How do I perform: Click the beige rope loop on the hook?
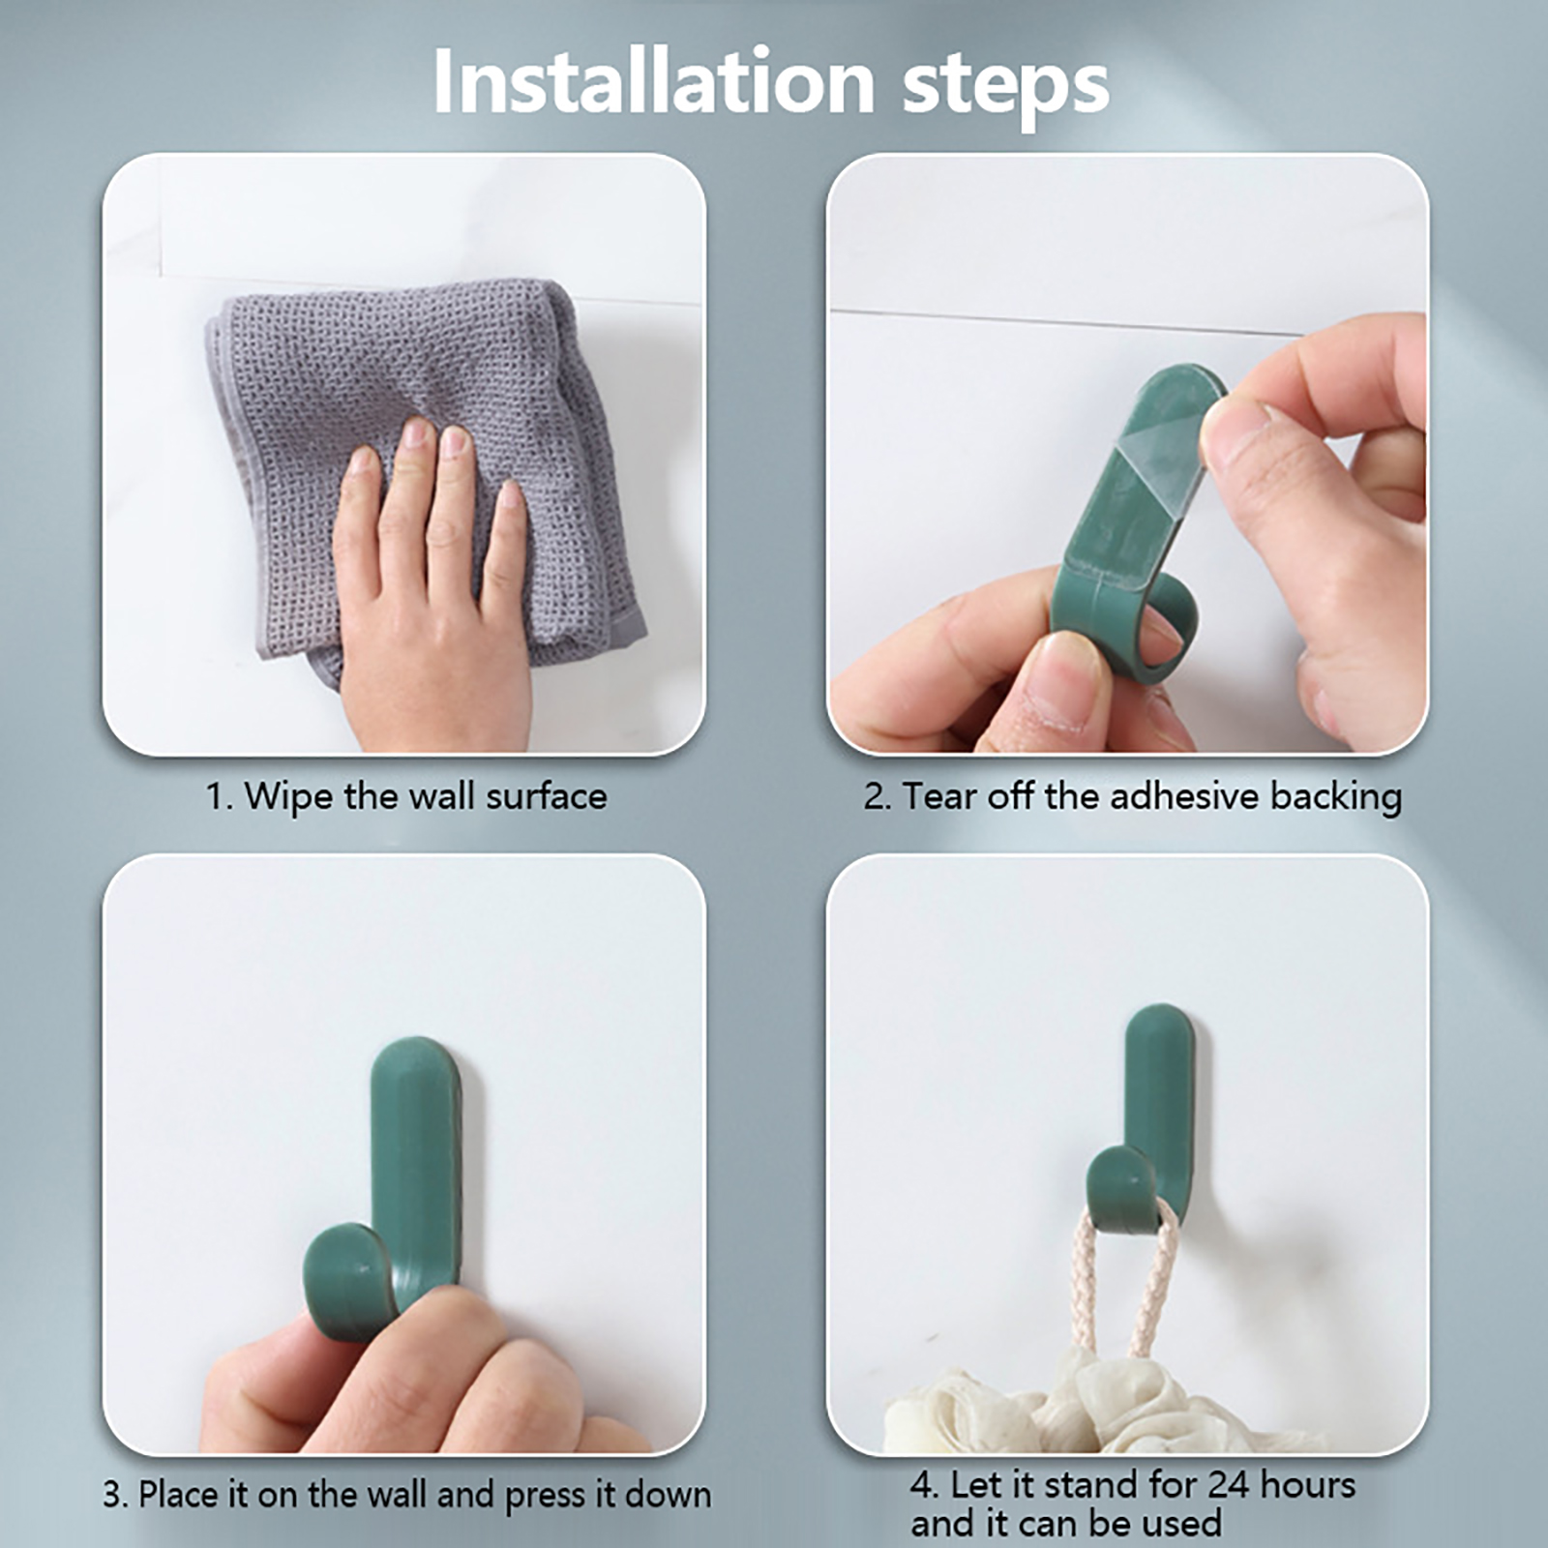1128,1277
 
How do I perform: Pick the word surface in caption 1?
547,797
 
